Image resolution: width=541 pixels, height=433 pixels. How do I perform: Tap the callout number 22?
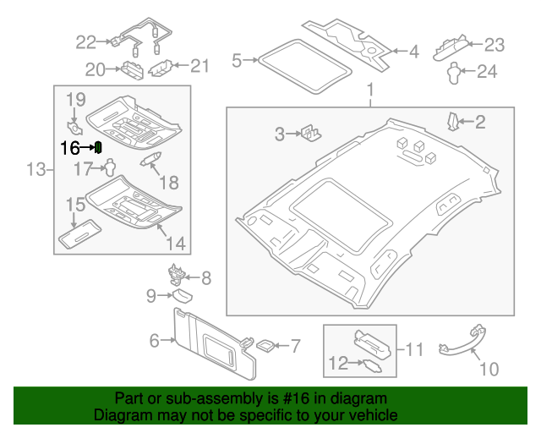86,41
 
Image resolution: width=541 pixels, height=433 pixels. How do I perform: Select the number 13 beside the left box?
34,171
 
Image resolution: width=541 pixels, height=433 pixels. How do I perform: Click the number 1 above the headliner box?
369,90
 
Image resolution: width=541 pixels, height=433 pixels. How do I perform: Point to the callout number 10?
489,369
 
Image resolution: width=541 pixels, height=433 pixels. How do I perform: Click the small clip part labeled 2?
454,121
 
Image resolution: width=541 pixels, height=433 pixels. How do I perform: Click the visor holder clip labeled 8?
177,274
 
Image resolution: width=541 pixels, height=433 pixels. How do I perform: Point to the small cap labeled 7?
264,345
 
